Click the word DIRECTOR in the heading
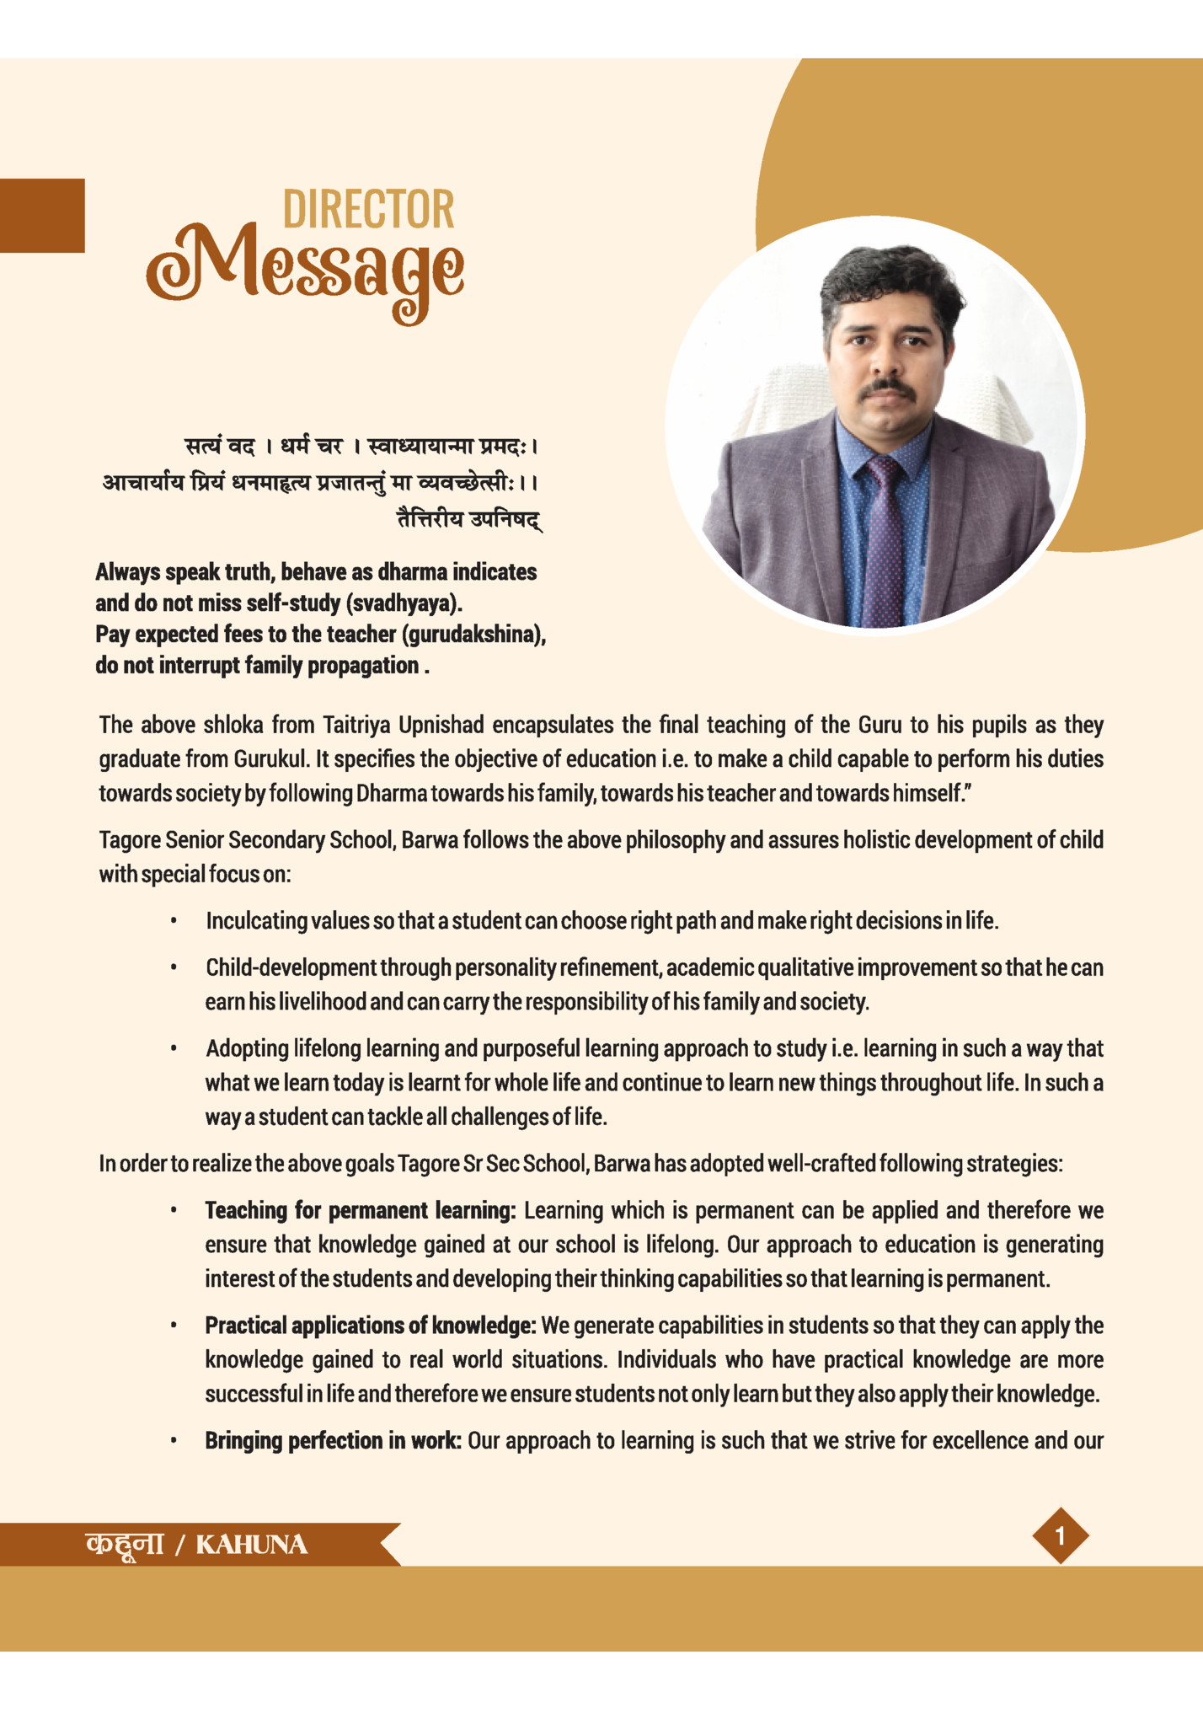point(368,210)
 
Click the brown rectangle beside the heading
point(42,216)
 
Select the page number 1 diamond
point(1060,1535)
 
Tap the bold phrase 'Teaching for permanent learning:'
point(360,1211)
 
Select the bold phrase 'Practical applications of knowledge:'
point(371,1326)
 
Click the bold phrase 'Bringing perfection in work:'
point(333,1440)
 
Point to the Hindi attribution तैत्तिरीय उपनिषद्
point(469,519)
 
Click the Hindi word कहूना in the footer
point(124,1544)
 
